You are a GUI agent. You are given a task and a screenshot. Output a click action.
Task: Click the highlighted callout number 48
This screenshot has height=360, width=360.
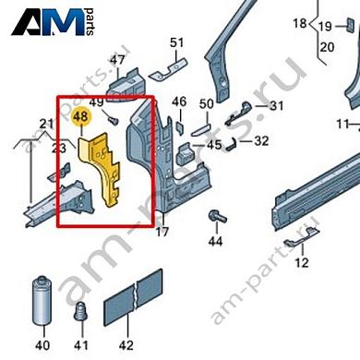[81, 118]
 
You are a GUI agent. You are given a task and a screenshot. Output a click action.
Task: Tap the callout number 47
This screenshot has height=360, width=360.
[117, 61]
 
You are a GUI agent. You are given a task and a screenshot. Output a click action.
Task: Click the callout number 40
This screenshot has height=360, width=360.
[42, 345]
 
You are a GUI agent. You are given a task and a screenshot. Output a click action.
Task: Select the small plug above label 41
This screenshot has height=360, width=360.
[81, 312]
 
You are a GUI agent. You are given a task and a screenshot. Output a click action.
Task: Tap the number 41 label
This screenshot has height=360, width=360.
[81, 345]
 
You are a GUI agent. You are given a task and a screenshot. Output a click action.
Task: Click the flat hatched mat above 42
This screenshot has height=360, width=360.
[131, 296]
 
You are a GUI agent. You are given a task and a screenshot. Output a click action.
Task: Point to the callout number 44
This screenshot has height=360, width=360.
[215, 242]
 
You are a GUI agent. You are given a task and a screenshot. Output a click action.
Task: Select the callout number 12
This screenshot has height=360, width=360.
[301, 263]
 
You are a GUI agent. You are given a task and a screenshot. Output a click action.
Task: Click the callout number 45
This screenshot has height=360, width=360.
[213, 145]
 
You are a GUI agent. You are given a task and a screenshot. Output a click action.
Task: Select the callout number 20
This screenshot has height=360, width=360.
[326, 46]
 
